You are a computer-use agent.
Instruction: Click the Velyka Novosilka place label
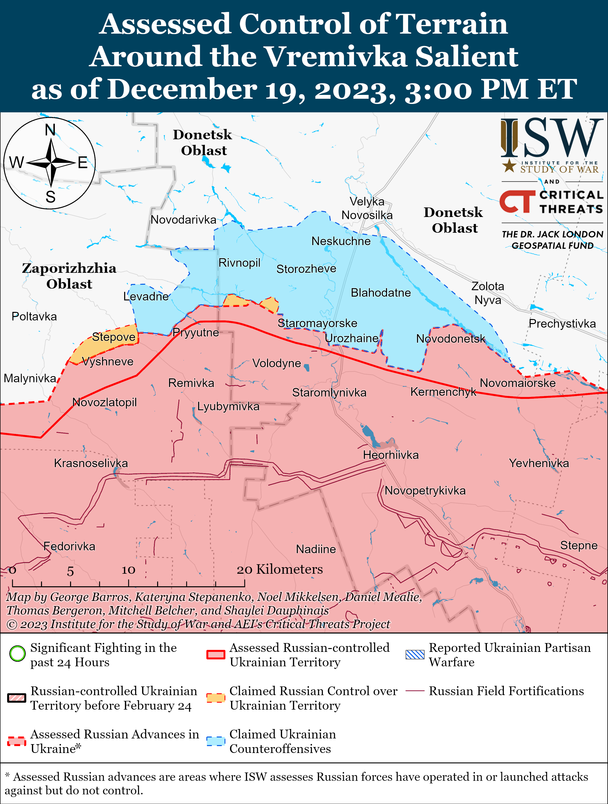point(367,208)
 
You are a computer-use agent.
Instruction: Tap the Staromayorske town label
point(317,323)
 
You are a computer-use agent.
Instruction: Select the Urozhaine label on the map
point(351,338)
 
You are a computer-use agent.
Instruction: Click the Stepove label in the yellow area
point(113,337)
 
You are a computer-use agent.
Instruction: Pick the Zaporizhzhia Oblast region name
point(69,276)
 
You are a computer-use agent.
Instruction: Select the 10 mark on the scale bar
point(128,570)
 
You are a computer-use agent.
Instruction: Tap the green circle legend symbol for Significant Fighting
point(17,654)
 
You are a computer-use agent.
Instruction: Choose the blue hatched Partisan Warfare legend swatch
point(415,654)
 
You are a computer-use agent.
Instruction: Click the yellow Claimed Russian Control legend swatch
point(216,698)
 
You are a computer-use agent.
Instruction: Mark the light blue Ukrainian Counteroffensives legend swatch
point(216,741)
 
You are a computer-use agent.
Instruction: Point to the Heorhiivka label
point(391,455)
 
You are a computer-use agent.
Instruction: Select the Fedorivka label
point(69,546)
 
